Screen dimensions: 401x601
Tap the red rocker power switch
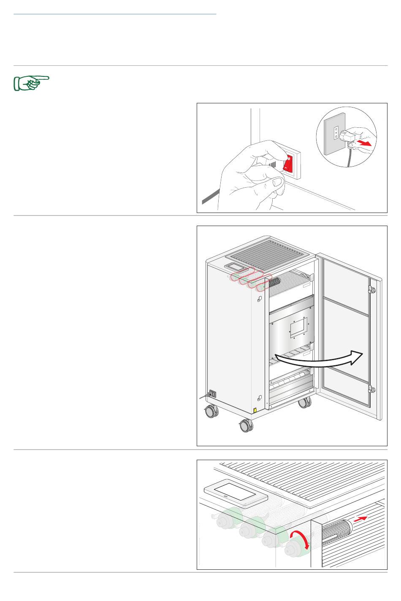click(288, 163)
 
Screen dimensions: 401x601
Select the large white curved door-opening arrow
click(317, 361)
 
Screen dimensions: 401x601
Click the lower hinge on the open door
click(371, 389)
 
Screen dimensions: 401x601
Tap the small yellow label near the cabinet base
click(255, 410)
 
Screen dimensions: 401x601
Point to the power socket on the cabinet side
click(212, 394)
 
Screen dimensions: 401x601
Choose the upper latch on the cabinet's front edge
click(259, 300)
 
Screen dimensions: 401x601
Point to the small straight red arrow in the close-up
click(360, 519)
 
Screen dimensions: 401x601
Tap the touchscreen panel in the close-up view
click(236, 493)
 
